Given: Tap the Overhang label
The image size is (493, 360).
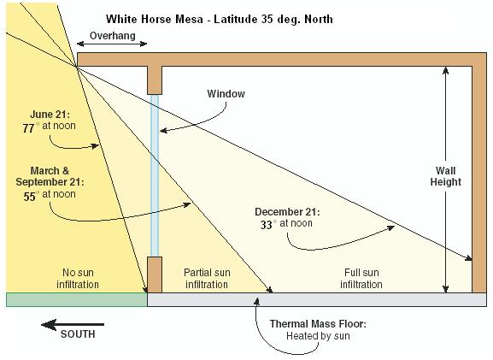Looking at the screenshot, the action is click(113, 36).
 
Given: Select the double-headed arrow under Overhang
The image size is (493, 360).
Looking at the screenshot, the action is click(112, 44).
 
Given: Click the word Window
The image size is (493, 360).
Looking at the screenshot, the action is click(226, 93).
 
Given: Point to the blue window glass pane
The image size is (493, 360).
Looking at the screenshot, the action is click(155, 175).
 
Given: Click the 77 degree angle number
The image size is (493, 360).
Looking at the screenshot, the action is click(28, 128).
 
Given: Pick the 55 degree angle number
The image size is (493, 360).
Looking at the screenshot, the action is click(30, 197).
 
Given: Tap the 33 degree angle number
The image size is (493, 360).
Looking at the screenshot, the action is click(267, 225).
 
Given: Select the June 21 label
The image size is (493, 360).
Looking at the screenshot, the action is click(50, 114).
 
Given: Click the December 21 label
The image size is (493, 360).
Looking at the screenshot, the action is click(287, 212).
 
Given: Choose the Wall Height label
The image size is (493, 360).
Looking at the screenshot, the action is click(445, 176).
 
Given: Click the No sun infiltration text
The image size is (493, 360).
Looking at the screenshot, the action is click(78, 279).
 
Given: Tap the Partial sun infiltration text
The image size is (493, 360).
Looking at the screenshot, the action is click(207, 279).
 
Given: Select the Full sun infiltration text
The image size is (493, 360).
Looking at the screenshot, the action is click(361, 279).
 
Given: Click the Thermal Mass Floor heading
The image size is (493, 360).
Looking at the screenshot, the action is click(318, 324).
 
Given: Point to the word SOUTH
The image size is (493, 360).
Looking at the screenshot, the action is click(78, 334).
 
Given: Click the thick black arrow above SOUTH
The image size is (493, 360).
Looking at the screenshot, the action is click(73, 324).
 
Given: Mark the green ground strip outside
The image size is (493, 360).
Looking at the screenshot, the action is click(77, 299).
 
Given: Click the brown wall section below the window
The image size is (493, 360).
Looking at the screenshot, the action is click(155, 274).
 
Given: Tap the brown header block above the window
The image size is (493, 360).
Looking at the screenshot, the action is click(155, 80).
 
